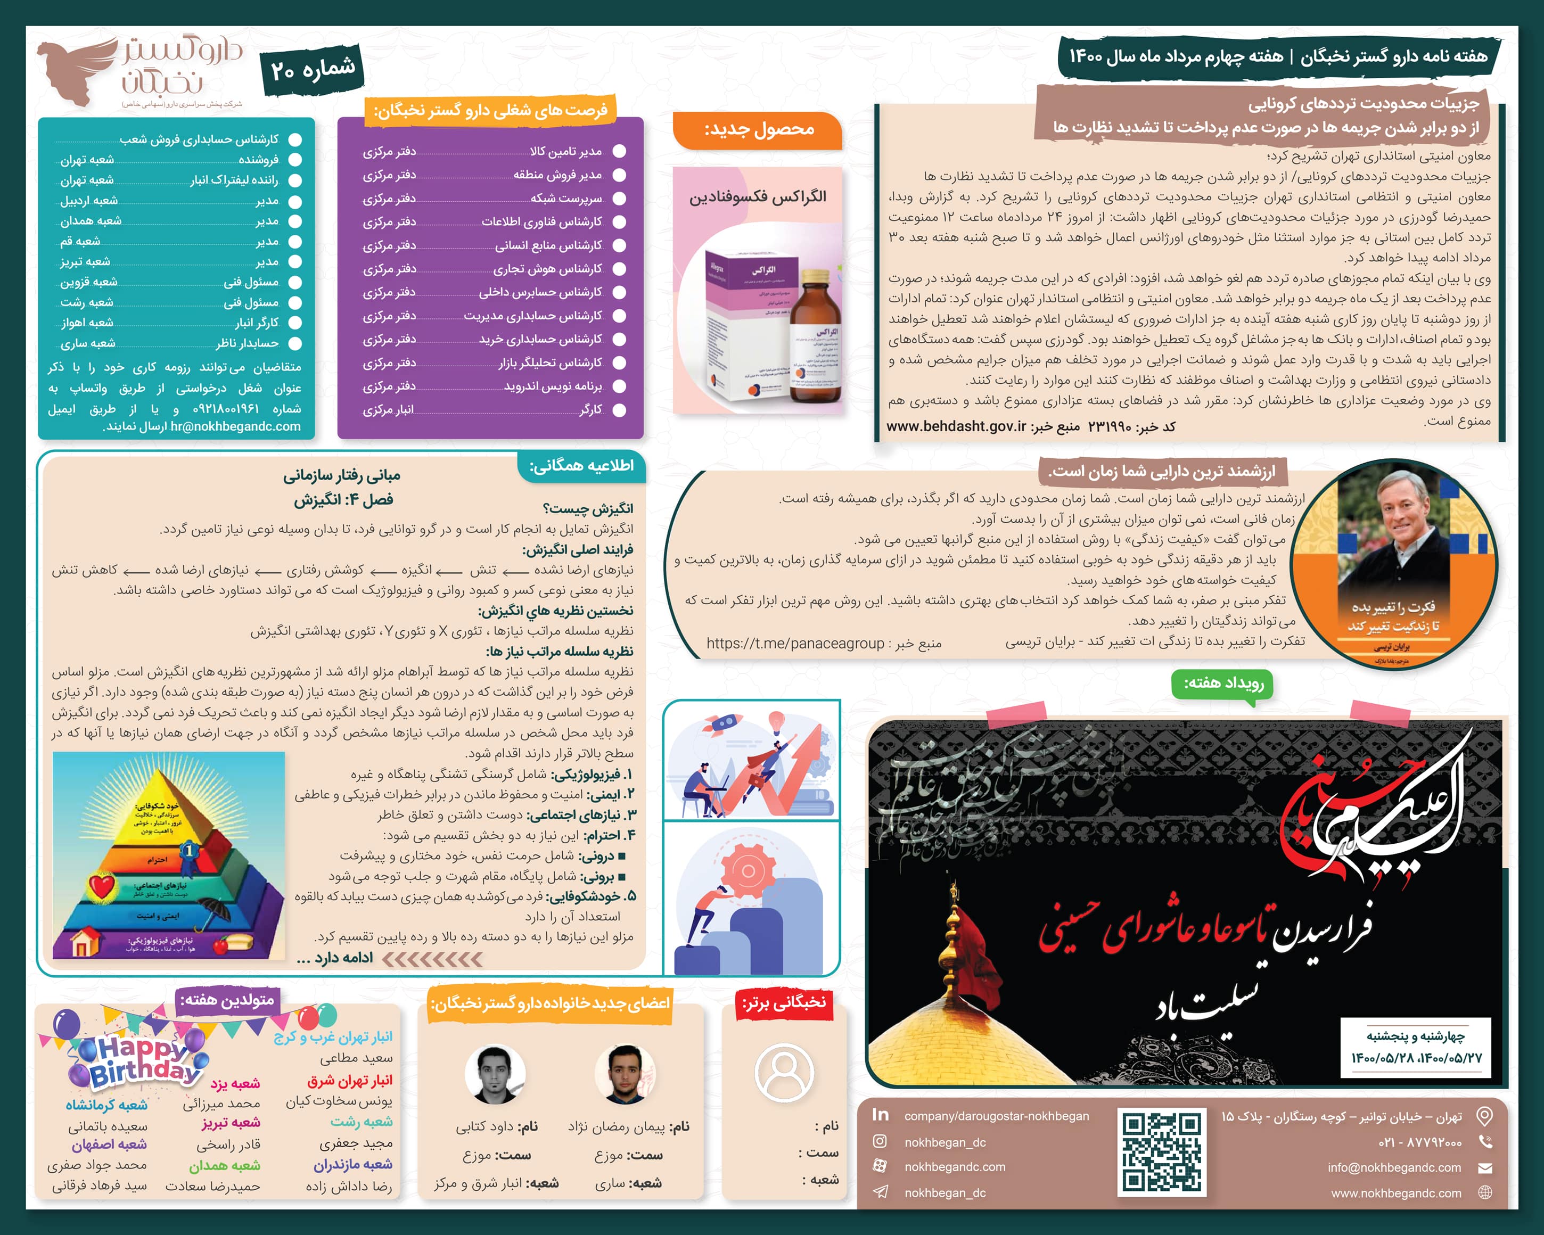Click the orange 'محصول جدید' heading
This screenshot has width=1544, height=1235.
(x=758, y=129)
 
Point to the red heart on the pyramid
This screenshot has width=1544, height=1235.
(x=102, y=886)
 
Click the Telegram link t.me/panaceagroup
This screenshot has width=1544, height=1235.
(x=795, y=644)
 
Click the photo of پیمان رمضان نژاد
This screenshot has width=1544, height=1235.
(x=625, y=1074)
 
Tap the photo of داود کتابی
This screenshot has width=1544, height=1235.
(x=495, y=1074)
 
